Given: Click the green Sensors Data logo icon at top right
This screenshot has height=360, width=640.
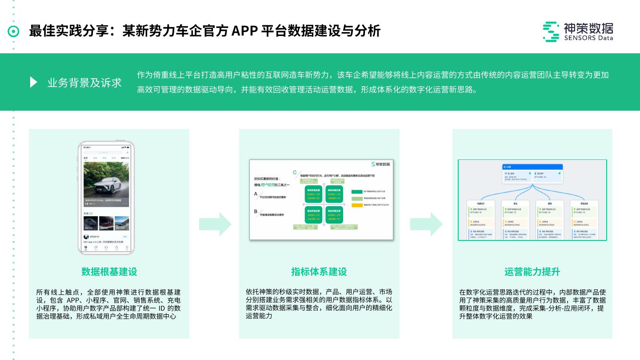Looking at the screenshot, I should tap(551, 32).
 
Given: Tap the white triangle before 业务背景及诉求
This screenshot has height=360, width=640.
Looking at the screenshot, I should tap(33, 82).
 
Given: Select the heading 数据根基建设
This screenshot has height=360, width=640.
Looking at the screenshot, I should tap(109, 272).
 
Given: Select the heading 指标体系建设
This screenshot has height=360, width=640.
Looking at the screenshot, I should tap(319, 272).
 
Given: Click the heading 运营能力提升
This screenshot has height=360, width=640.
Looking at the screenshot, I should tap(532, 272).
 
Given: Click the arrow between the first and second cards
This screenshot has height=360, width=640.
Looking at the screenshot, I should tap(215, 224).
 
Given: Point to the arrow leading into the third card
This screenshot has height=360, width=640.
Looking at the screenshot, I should tap(426, 224).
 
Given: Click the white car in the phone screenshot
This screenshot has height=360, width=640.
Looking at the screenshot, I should tap(107, 184).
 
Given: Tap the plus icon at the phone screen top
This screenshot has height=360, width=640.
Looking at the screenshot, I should tap(128, 152).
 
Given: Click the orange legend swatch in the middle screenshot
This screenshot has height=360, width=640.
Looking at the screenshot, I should tap(357, 205).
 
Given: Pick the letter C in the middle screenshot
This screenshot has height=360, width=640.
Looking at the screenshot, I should tap(294, 172).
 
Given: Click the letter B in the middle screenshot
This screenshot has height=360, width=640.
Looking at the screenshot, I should tap(256, 212).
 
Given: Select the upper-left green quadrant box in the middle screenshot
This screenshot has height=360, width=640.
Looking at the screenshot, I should tap(313, 194).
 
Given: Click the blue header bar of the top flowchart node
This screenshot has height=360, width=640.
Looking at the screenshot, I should tap(532, 167).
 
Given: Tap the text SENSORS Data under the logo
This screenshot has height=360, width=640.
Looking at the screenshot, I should tap(588, 38).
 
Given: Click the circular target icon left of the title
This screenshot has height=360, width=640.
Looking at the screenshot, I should tap(14, 31).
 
